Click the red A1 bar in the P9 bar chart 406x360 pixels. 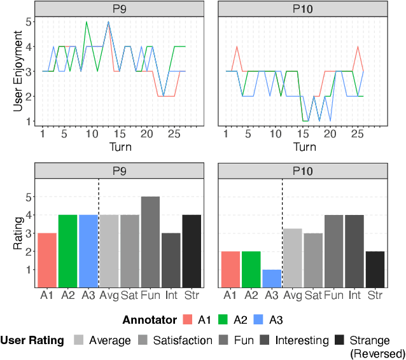[46, 260]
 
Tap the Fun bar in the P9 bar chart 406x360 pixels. [150, 242]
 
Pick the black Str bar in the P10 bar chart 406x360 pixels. [375, 269]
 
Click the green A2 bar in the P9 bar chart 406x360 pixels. [67, 251]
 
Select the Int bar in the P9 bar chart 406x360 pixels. [171, 260]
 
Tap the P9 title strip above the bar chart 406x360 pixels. [118, 170]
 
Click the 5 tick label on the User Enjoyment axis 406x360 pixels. [28, 22]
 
